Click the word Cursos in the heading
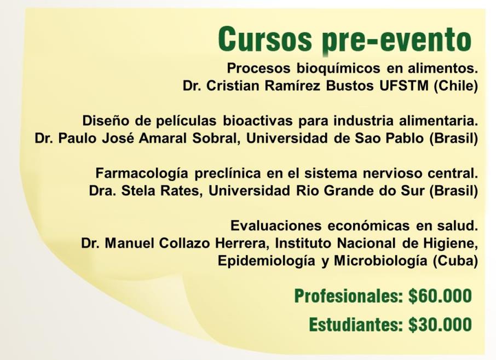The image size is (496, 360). (x=265, y=39)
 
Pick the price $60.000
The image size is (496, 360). (x=440, y=296)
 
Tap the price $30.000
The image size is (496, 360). (x=440, y=324)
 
